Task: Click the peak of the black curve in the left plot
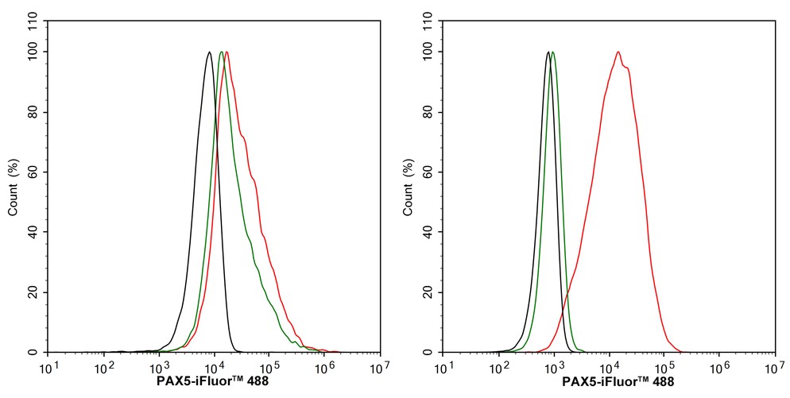click(x=209, y=52)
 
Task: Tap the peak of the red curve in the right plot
click(x=618, y=52)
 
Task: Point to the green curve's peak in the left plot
click(x=221, y=52)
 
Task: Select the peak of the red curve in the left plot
click(x=227, y=52)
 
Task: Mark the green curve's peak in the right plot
click(x=553, y=52)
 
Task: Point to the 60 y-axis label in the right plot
click(x=428, y=172)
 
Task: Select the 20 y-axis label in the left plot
click(x=33, y=292)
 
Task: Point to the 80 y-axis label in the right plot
click(x=428, y=112)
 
